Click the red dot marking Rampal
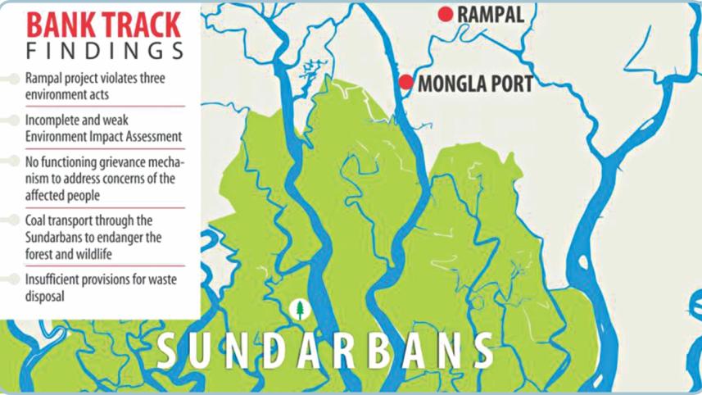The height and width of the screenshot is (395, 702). coord(446,14)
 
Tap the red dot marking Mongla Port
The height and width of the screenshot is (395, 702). coord(405,82)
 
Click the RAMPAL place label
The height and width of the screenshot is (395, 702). coord(490,14)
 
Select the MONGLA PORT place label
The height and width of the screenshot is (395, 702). coord(475,83)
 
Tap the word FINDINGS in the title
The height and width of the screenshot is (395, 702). coord(104,50)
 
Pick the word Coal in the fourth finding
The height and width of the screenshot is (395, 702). coord(37,222)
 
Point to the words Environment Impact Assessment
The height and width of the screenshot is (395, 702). coord(103,136)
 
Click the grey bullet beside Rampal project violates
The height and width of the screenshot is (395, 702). coord(13,79)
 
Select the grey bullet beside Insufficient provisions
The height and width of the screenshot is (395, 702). coord(13,279)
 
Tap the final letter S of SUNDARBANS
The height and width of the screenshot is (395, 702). coord(482,352)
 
